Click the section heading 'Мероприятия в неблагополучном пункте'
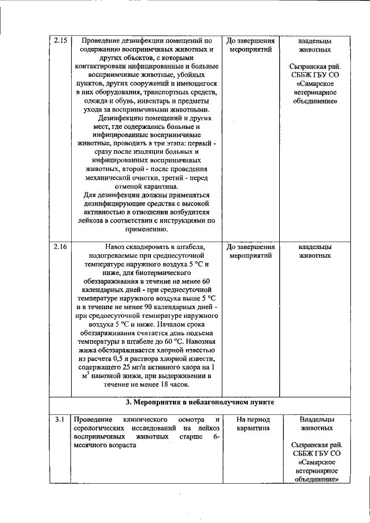point(200,401)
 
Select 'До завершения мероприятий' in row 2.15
point(250,46)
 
